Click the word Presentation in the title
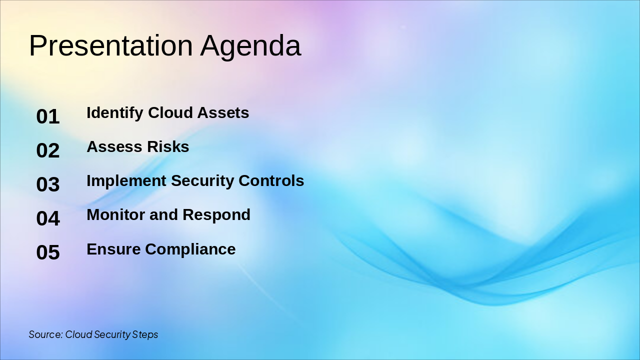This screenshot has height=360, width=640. click(x=111, y=45)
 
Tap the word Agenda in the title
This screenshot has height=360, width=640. click(x=250, y=47)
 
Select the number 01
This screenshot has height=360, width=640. click(x=48, y=116)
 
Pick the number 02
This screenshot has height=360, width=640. click(x=48, y=150)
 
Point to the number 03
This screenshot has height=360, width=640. click(x=48, y=184)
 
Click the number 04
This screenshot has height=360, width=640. click(x=48, y=218)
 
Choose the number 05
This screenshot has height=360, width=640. click(x=48, y=252)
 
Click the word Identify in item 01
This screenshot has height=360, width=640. click(x=115, y=113)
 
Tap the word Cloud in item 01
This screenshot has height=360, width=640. click(x=170, y=112)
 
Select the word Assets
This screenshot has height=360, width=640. click(x=223, y=113)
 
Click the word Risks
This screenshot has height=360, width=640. click(x=168, y=147)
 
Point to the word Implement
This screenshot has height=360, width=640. click(x=126, y=181)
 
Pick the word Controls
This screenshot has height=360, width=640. click(x=271, y=181)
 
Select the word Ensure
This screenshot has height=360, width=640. click(x=113, y=249)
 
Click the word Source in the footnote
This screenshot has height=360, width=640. click(x=45, y=334)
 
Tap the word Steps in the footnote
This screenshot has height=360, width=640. click(x=145, y=335)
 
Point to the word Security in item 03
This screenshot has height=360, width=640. click(x=202, y=181)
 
